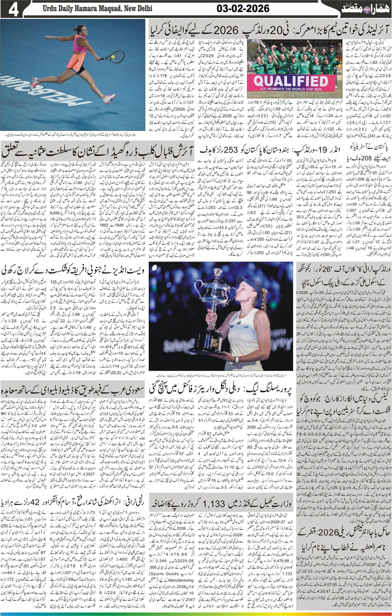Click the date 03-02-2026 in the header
[x=243, y=9]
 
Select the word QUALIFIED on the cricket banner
[x=291, y=80]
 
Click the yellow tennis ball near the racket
[x=112, y=56]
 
